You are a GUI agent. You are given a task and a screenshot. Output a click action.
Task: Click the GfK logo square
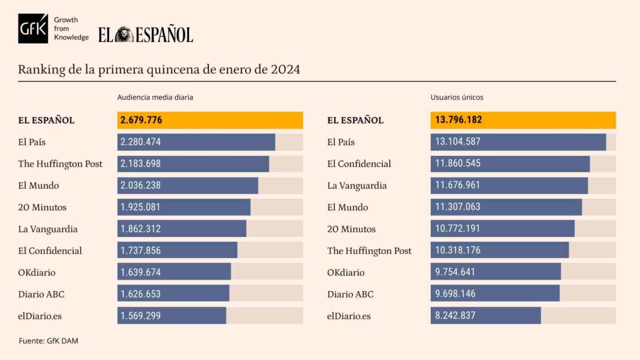pyautogui.click(x=33, y=28)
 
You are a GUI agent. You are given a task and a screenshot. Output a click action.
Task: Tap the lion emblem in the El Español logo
pyautogui.click(x=124, y=35)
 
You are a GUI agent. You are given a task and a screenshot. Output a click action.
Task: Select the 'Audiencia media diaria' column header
pyautogui.click(x=155, y=96)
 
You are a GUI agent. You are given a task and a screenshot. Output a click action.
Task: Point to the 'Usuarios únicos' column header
pyautogui.click(x=457, y=96)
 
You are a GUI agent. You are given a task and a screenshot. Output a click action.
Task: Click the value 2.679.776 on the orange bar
pyautogui.click(x=141, y=120)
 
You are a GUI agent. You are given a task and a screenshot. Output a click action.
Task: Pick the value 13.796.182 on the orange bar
pyautogui.click(x=456, y=120)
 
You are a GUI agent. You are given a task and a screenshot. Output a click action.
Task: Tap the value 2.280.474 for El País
pyautogui.click(x=141, y=142)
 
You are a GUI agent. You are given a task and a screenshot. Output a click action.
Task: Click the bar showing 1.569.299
pyautogui.click(x=171, y=316)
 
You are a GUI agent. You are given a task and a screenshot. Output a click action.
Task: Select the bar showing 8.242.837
pyautogui.click(x=485, y=316)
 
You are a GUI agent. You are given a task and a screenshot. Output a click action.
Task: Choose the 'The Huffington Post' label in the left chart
pyautogui.click(x=60, y=164)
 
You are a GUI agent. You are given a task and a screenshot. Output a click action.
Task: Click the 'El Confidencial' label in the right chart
pyautogui.click(x=359, y=164)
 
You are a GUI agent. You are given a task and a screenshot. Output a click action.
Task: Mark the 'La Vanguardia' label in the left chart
pyautogui.click(x=48, y=229)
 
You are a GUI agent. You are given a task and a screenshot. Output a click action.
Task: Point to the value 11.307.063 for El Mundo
pyautogui.click(x=455, y=207)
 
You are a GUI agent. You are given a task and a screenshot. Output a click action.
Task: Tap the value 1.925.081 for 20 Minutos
pyautogui.click(x=141, y=207)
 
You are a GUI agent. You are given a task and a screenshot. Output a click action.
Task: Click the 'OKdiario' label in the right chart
pyautogui.click(x=346, y=273)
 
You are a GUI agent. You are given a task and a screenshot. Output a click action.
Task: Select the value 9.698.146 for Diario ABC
pyautogui.click(x=453, y=294)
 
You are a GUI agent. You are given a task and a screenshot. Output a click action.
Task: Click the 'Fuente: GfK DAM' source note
pyautogui.click(x=49, y=341)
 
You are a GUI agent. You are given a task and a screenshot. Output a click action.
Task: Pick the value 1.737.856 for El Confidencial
pyautogui.click(x=141, y=250)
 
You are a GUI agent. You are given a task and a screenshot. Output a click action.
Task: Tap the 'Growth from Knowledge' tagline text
pyautogui.click(x=71, y=28)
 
